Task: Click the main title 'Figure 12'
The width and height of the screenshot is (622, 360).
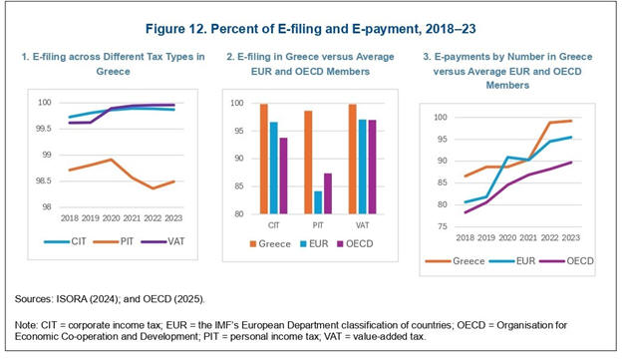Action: tap(176, 29)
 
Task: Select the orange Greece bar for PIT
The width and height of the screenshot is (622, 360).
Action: tap(308, 163)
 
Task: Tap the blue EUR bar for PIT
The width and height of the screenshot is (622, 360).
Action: tap(318, 202)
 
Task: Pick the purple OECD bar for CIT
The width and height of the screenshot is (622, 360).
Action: tap(284, 176)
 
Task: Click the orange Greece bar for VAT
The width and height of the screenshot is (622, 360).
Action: tap(352, 160)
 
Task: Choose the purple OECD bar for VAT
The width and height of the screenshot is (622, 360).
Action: tap(372, 167)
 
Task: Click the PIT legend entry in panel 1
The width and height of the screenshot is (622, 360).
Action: tap(113, 241)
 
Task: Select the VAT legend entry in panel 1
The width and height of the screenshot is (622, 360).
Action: tap(163, 241)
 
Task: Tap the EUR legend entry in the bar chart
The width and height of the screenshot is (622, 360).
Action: tap(314, 243)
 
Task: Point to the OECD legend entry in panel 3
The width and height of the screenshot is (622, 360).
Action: tap(569, 260)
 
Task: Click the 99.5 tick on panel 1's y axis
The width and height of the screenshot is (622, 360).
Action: tap(44, 129)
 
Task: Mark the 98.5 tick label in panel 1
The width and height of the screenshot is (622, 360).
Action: tap(44, 180)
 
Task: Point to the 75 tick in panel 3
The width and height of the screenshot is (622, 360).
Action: tap(442, 226)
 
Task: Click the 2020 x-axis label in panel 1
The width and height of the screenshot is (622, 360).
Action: tap(111, 218)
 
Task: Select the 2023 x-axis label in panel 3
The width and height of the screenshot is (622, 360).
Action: tap(570, 237)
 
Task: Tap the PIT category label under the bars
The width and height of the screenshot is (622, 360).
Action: tap(318, 225)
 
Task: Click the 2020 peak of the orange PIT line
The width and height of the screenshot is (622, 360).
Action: tap(112, 160)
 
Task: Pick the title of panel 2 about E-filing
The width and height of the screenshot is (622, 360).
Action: tap(310, 64)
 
